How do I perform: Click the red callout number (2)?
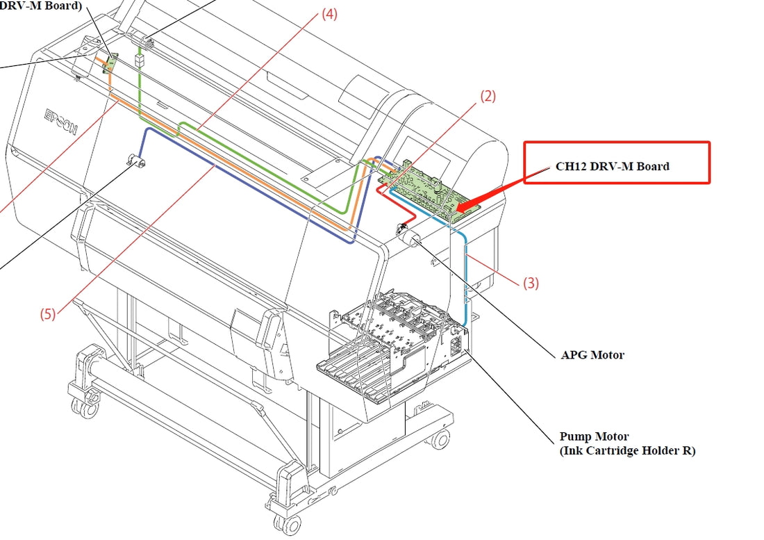[488, 97]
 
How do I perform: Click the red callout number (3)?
[531, 283]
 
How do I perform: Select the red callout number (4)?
[329, 14]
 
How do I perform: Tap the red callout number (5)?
[47, 313]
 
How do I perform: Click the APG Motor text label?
[592, 355]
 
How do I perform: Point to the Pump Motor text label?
[594, 436]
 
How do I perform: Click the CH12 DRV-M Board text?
[612, 167]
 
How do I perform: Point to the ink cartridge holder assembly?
[392, 347]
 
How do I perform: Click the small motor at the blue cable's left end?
[134, 164]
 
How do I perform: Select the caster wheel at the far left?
[86, 408]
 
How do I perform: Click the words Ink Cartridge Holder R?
[627, 450]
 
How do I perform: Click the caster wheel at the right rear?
[439, 439]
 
